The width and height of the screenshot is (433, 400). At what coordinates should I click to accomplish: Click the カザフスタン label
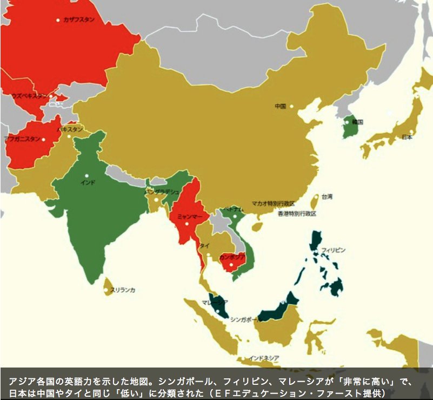click(78, 20)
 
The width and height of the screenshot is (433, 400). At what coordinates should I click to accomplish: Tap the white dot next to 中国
click(291, 106)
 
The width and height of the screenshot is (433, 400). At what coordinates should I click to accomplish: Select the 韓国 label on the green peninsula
click(357, 122)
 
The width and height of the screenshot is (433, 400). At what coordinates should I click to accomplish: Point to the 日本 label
click(407, 137)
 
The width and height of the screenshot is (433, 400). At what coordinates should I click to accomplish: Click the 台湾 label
click(327, 196)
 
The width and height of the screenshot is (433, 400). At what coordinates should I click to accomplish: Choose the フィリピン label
click(333, 250)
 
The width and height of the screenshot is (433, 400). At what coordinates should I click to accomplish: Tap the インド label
click(88, 182)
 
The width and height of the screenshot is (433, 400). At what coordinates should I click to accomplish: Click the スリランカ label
click(123, 290)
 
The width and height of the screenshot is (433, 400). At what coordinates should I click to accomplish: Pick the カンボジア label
click(232, 257)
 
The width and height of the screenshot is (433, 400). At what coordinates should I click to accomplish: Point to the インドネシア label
click(264, 358)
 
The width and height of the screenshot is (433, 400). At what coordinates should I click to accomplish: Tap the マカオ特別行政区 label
click(273, 204)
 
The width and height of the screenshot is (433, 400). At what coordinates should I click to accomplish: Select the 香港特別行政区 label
click(297, 213)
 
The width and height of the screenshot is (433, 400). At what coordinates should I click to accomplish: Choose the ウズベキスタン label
click(29, 96)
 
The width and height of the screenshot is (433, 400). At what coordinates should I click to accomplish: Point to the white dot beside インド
click(86, 175)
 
